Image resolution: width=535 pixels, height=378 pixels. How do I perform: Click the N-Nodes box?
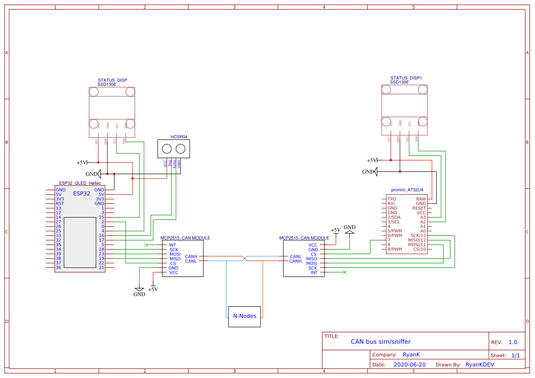pos(244,316)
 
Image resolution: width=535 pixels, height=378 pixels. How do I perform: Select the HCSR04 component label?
pos(179,137)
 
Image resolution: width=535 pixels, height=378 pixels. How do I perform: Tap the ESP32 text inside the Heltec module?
pos(81,193)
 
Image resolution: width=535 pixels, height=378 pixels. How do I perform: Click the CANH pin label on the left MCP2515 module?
pos(191,256)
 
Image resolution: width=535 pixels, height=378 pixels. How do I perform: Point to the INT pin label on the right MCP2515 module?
pos(314,272)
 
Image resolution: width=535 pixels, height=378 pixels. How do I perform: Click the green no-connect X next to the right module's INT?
pos(345,272)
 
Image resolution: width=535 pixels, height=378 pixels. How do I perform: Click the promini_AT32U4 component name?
pos(407,190)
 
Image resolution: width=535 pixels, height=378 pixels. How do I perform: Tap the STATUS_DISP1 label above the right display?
pos(406,78)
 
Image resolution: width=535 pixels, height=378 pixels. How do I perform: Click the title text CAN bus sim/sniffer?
pos(381,341)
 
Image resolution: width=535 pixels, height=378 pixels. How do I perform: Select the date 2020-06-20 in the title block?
pos(409,365)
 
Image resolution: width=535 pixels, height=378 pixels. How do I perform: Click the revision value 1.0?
pos(513,342)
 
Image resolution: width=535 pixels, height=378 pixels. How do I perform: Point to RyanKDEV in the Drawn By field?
pos(480,365)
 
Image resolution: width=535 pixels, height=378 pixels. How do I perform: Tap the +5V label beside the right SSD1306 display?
pos(372,160)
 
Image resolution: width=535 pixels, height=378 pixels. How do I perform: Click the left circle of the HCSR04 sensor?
pos(167,149)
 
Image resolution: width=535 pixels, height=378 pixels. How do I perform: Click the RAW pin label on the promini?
pos(421,199)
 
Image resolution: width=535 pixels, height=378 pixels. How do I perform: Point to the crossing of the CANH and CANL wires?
pos(245,259)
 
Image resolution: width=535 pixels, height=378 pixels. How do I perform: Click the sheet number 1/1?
pos(515,355)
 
